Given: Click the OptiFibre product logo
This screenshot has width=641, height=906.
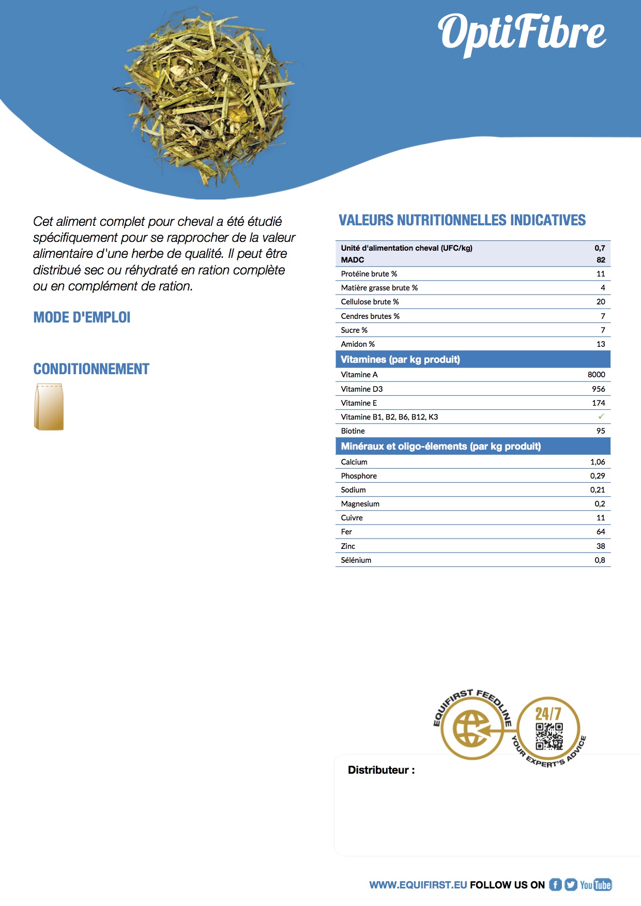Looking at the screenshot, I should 522,33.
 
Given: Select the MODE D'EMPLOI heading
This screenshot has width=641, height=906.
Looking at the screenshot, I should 82,317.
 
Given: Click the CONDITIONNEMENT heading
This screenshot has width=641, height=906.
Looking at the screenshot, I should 91,369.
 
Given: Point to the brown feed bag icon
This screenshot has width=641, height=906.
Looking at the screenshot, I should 49,407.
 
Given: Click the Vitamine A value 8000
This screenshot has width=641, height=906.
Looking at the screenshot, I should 596,375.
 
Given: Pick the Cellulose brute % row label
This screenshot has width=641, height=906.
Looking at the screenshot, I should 370,302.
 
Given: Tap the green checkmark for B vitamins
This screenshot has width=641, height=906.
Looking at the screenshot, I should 601,417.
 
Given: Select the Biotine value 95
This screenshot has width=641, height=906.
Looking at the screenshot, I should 600,431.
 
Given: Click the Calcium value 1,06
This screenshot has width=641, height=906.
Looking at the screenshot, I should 598,462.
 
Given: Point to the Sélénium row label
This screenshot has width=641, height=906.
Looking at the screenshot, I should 356,560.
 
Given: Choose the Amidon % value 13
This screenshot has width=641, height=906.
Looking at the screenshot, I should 600,344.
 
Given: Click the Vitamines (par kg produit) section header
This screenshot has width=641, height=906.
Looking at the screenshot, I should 400,360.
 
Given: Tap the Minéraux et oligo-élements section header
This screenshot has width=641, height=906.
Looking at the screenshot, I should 440,447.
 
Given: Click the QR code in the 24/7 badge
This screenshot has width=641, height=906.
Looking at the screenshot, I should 549,736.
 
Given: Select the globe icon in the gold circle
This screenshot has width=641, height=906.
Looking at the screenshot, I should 471,729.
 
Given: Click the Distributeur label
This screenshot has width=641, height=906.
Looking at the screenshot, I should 381,770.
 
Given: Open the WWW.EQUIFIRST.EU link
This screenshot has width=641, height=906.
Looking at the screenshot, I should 418,885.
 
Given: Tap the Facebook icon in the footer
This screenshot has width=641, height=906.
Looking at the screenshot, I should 555,885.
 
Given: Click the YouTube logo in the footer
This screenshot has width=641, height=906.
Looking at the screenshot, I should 596,885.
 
